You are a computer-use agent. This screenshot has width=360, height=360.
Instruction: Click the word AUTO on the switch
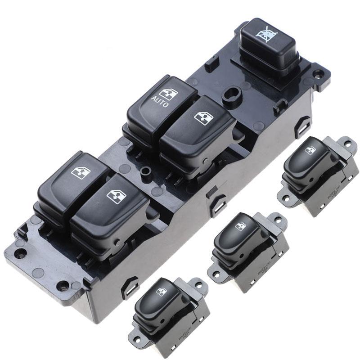click(x=160, y=102)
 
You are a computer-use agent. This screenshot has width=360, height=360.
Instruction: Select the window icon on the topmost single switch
click(x=310, y=150)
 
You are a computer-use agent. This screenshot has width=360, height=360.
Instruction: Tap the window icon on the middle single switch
click(x=241, y=227)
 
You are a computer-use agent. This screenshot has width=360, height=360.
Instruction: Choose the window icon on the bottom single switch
click(x=161, y=292)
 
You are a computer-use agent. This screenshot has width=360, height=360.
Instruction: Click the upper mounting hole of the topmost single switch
click(x=348, y=144)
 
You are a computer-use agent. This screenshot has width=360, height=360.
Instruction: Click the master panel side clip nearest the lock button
click(x=302, y=126)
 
